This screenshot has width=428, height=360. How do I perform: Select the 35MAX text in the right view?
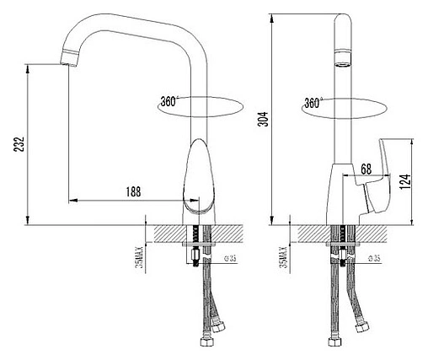pyautogui.click(x=292, y=252)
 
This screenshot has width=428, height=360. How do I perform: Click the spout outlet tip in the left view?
pyautogui.click(x=67, y=61)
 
